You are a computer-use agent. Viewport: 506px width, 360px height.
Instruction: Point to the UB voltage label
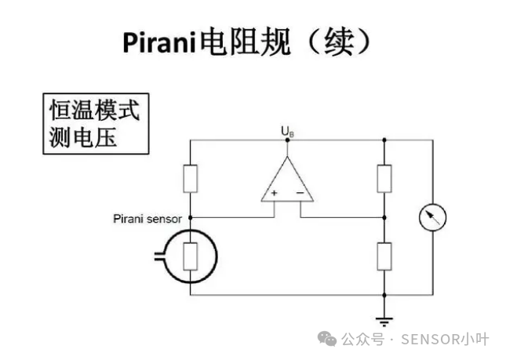click(x=288, y=133)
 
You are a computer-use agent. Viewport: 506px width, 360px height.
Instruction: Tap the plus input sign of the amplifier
click(x=275, y=193)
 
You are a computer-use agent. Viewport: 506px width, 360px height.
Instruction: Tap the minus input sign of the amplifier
click(x=300, y=193)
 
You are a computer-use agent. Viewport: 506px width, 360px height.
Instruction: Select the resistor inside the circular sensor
click(x=191, y=256)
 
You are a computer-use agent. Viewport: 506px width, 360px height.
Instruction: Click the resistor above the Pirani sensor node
click(x=191, y=178)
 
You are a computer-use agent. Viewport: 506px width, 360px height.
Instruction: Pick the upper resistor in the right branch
click(x=384, y=178)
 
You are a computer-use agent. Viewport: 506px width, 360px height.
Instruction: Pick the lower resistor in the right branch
click(x=384, y=256)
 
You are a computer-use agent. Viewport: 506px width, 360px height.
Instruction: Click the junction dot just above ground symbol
click(x=384, y=295)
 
